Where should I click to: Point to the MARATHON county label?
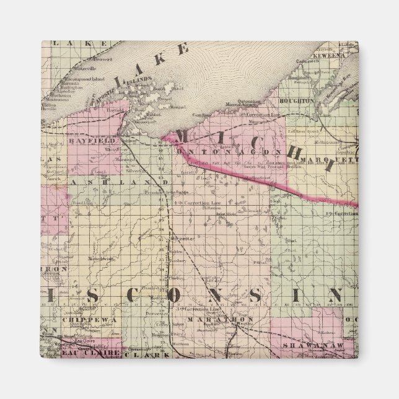[x=216, y=320]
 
